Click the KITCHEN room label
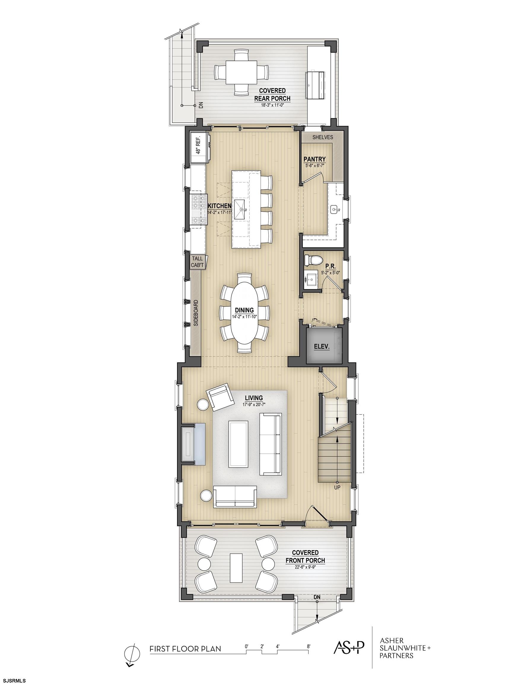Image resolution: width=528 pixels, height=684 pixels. coord(220,206)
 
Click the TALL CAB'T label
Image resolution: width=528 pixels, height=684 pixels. coord(198,262)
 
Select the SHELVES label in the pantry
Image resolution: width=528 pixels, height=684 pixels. coord(323,137)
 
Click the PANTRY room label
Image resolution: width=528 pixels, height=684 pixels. coord(314,159)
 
